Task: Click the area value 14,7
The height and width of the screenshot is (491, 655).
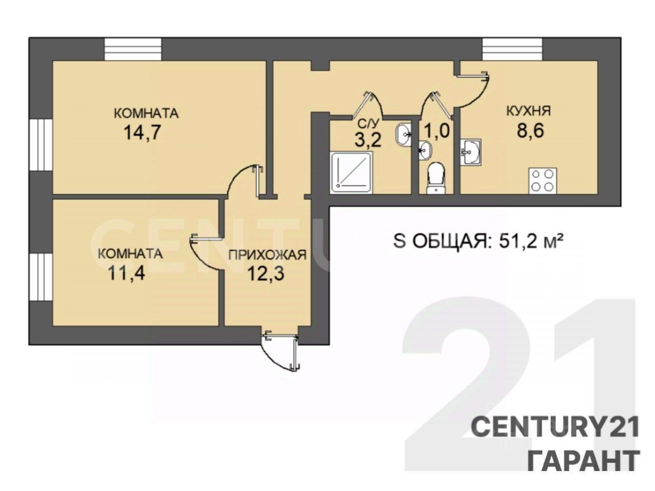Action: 142,132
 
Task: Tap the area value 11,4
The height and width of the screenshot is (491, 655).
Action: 126,273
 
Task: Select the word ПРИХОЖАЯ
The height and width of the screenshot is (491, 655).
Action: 267,255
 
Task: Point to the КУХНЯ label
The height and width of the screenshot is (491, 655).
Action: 529,111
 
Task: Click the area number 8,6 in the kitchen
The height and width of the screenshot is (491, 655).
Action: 531,130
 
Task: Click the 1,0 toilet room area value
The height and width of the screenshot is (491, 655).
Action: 436,130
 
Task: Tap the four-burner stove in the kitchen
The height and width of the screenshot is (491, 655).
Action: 543,181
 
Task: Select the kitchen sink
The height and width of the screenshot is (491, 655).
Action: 471,152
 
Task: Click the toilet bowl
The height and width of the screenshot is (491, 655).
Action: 436,178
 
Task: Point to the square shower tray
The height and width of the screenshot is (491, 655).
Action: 351,173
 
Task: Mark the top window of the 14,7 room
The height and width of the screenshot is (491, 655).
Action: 133,50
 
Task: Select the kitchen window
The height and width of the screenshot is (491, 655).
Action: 512,50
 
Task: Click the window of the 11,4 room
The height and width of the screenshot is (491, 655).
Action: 41,277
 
